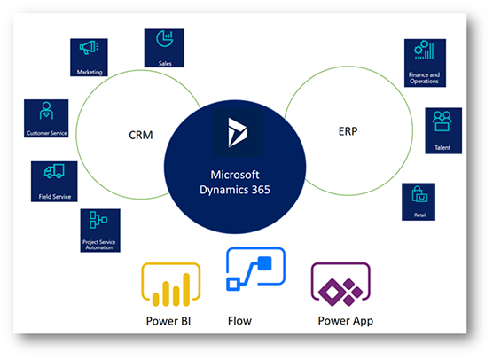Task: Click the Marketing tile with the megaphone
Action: [90, 57]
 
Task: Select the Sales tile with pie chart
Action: [163, 48]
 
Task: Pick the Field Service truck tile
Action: [54, 181]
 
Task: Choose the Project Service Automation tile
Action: [100, 230]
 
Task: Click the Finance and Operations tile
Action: [424, 62]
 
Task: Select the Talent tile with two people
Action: [443, 129]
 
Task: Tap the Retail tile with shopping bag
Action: [418, 201]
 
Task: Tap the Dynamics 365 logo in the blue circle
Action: [234, 133]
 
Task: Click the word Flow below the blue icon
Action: [240, 321]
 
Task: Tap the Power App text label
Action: [346, 321]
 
